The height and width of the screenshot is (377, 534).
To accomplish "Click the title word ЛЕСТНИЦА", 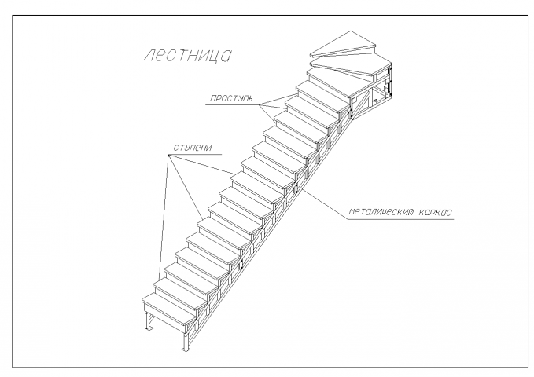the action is (x=187, y=56).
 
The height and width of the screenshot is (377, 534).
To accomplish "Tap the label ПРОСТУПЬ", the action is (x=231, y=99).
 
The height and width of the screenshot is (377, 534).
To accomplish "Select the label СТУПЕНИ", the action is (x=193, y=148).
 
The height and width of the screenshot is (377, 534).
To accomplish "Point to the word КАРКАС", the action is (x=435, y=212).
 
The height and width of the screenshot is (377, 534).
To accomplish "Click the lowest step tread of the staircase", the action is (x=171, y=308).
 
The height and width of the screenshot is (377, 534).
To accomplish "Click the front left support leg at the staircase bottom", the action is (x=148, y=320).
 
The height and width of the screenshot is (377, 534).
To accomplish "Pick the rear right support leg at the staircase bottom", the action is (x=186, y=336).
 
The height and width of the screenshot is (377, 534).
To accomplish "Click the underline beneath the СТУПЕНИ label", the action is (x=195, y=155).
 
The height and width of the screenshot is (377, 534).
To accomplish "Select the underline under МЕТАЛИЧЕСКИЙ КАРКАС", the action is (x=400, y=219).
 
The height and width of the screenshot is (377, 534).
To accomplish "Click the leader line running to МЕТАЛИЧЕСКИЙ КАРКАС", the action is (x=323, y=204).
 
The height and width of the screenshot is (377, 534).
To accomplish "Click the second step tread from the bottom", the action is (x=181, y=294).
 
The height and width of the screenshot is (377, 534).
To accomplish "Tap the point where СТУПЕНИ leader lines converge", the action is (x=168, y=155).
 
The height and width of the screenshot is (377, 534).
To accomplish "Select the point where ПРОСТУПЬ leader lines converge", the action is (x=260, y=104).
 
